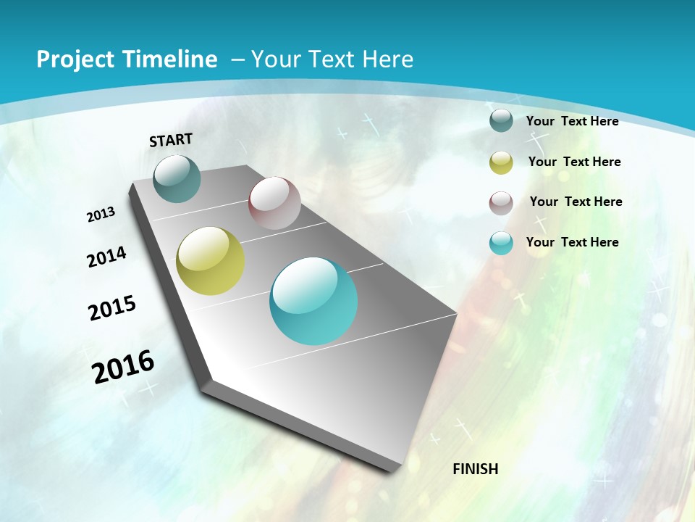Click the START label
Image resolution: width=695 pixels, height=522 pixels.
click(x=171, y=140)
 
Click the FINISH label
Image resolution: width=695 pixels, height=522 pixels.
click(x=475, y=469)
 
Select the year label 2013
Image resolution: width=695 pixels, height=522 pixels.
click(x=101, y=215)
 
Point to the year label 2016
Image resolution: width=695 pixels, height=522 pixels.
click(x=124, y=367)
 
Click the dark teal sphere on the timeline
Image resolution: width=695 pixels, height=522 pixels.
click(x=177, y=179)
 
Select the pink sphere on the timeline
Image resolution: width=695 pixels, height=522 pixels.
click(x=274, y=203)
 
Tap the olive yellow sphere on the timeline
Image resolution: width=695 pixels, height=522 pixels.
click(x=210, y=261)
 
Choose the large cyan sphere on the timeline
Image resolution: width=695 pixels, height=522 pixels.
click(x=313, y=301)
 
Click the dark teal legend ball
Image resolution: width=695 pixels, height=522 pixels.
click(x=501, y=121)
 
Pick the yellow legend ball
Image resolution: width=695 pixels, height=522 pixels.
click(x=501, y=162)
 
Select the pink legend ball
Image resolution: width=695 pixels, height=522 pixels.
click(x=501, y=203)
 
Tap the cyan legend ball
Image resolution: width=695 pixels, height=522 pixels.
click(x=501, y=243)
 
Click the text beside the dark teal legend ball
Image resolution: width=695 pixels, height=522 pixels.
click(x=572, y=121)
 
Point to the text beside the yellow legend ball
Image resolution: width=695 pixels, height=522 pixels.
click(x=574, y=162)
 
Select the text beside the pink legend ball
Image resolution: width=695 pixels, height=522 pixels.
click(x=576, y=202)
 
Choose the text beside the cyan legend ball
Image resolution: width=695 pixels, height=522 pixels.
click(x=572, y=242)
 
